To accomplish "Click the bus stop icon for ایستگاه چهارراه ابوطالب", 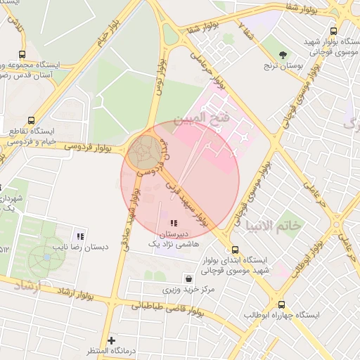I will point(282,305).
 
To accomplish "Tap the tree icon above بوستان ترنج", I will point(283,54).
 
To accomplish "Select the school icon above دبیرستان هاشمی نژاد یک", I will point(174,224).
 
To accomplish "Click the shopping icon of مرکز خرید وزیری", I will point(187,278).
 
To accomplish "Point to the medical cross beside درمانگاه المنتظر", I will point(111,340).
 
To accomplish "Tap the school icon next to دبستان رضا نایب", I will point(80,236).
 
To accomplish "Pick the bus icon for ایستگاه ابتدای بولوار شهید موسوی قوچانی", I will point(235,250).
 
